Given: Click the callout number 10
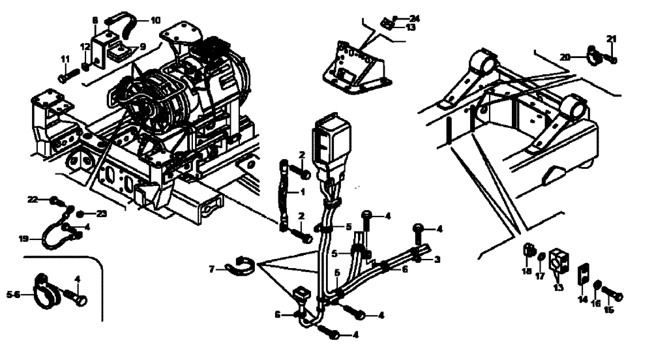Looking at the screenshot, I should pyautogui.click(x=155, y=20).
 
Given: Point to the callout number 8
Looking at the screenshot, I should pyautogui.click(x=95, y=20).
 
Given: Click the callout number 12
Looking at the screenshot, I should pyautogui.click(x=85, y=46).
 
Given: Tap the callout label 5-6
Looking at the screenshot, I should pyautogui.click(x=12, y=294).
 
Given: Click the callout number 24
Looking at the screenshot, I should pyautogui.click(x=415, y=18).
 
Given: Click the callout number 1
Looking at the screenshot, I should pyautogui.click(x=302, y=192).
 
